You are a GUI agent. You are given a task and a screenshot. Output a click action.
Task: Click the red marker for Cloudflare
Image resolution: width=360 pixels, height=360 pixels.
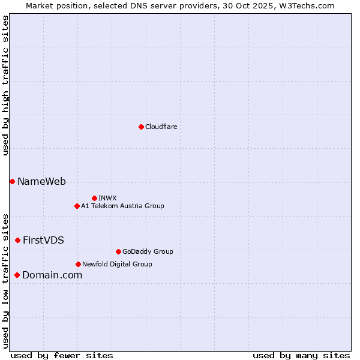click(141, 127)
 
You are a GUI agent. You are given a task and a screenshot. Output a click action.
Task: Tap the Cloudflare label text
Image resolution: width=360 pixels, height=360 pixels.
click(161, 127)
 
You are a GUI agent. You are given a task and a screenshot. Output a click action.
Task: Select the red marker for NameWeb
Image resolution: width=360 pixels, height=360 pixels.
click(12, 181)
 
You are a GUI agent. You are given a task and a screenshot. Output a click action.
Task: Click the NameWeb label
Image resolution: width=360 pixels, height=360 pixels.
click(41, 181)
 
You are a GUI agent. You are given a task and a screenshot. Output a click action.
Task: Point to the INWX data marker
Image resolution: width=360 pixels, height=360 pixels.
click(94, 198)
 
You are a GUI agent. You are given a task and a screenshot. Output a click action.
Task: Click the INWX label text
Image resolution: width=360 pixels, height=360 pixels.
click(107, 198)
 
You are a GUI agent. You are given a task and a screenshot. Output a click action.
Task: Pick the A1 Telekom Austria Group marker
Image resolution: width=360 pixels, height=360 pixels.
click(77, 206)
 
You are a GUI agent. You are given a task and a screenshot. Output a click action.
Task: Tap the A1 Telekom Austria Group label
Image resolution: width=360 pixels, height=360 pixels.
click(122, 206)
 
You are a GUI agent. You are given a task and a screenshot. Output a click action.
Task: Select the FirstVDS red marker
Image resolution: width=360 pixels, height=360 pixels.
click(17, 240)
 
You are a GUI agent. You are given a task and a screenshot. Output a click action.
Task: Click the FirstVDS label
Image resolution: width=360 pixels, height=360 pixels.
click(43, 240)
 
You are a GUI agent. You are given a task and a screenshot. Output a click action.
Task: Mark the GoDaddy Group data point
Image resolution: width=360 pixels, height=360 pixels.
click(118, 251)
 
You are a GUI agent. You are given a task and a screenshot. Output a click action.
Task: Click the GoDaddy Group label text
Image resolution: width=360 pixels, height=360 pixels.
click(147, 251)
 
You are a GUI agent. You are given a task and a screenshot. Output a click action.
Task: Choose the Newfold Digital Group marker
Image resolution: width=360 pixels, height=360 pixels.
click(79, 264)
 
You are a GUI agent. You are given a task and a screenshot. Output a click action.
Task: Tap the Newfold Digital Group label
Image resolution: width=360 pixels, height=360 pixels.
click(117, 264)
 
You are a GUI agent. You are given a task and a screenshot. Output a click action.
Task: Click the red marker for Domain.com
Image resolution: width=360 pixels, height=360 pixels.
click(17, 275)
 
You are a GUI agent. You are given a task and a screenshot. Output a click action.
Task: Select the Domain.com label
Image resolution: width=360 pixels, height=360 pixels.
click(52, 275)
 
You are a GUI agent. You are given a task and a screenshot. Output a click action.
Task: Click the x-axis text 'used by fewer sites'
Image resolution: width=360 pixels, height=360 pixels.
click(62, 355)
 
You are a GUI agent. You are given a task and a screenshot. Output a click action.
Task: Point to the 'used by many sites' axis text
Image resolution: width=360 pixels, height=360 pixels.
click(301, 355)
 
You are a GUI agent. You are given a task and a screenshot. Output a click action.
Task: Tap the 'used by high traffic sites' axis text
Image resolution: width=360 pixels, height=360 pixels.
click(5, 85)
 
